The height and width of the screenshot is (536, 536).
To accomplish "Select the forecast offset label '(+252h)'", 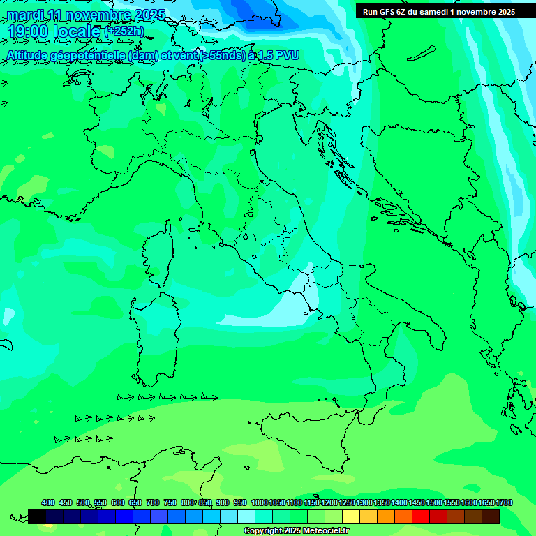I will coord(124,31).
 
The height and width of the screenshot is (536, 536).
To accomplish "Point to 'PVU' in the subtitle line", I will coord(289,55).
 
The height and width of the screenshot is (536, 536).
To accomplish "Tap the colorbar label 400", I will coord(48,502).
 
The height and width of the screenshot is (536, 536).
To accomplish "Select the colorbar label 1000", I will coord(259,502).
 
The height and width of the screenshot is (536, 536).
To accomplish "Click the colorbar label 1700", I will coord(504,502).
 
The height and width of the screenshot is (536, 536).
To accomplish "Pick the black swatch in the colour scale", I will coord(37,516).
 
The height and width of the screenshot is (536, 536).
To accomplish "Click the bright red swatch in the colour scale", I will coord(421,516).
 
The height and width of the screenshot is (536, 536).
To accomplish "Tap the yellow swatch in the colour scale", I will coord(351,516).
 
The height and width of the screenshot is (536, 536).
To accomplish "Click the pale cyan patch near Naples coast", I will coord(286,307).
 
